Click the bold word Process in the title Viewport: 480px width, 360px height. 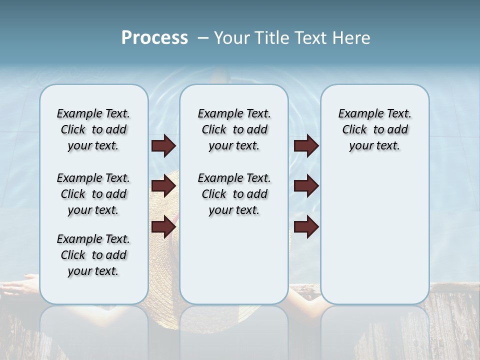154,38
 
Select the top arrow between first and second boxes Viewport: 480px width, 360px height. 163,145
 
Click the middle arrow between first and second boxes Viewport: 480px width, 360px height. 163,186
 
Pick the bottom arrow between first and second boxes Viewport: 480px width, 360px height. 163,227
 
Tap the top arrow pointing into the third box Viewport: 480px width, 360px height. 306,145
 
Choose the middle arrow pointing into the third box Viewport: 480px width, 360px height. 306,186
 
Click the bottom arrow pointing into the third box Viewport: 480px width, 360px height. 306,227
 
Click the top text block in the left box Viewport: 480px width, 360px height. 93,129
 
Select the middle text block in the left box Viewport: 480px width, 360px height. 93,194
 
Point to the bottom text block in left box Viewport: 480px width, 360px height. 93,255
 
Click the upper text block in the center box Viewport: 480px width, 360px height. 234,129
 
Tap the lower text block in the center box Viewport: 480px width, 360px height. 234,194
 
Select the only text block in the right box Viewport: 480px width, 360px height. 374,129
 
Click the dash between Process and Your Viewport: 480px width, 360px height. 202,38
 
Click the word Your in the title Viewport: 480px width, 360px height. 233,38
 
